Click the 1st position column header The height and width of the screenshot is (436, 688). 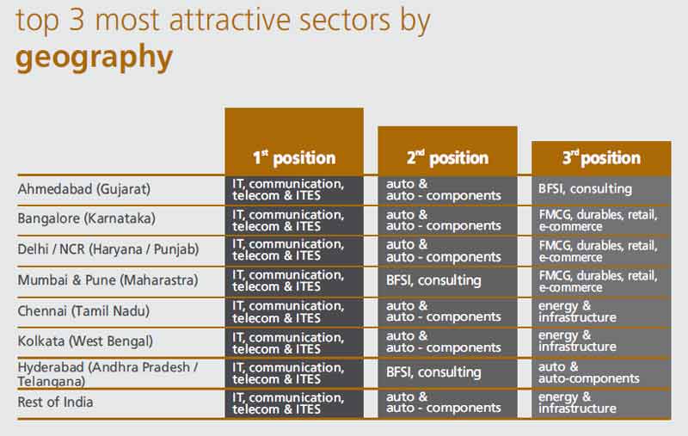tap(293, 157)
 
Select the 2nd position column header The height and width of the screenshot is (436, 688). tap(447, 158)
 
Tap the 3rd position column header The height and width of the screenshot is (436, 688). tap(601, 158)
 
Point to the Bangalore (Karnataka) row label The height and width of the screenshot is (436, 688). tap(86, 218)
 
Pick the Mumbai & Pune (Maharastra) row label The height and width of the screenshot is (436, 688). tap(107, 279)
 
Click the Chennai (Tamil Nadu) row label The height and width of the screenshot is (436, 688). tap(84, 310)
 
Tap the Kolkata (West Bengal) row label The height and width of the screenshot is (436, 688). tap(85, 341)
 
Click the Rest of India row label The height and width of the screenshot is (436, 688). tap(55, 402)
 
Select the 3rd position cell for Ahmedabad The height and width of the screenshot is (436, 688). tap(585, 189)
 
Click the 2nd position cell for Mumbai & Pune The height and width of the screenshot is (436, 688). tap(433, 280)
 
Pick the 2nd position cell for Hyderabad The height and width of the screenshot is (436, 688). tap(433, 372)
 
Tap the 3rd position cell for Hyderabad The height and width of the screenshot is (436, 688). tap(589, 372)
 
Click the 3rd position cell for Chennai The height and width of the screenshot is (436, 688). tap(577, 310)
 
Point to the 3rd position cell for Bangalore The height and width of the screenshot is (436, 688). tap(598, 219)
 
